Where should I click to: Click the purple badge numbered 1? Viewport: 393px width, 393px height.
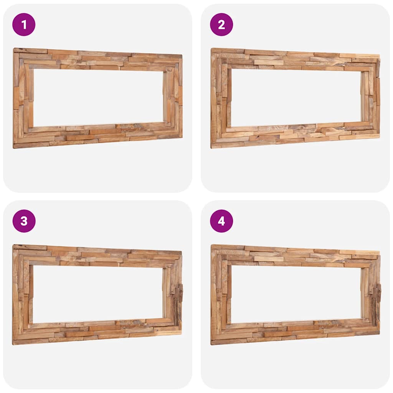(24, 25)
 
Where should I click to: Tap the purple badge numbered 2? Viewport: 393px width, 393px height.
(221, 25)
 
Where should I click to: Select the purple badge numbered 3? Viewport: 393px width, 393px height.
(24, 221)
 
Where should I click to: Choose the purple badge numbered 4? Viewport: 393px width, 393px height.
(221, 221)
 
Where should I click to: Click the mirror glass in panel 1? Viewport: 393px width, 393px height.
(98, 97)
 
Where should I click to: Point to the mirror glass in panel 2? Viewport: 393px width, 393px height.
(296, 97)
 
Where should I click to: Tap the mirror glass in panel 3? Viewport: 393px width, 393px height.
(98, 294)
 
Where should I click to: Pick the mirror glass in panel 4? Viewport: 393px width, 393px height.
(296, 294)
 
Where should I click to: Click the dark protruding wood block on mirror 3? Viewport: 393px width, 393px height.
(178, 294)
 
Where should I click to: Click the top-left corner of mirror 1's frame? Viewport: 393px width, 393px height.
(15, 50)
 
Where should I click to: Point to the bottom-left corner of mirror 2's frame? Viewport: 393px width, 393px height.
(212, 147)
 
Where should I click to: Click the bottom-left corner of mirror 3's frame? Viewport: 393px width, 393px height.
(14, 343)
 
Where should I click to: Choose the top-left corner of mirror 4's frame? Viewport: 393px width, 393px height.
(212, 246)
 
